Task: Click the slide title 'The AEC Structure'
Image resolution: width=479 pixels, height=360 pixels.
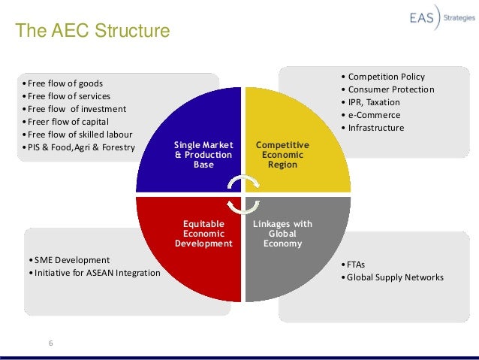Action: (93, 32)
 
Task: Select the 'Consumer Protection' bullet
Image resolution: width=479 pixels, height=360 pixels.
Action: (390, 89)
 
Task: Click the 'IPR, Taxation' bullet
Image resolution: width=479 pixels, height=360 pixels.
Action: (373, 102)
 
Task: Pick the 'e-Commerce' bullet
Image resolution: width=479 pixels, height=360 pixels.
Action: (373, 115)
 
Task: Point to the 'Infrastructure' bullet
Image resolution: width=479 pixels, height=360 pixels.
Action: (375, 128)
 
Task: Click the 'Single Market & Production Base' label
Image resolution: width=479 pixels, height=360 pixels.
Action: (203, 153)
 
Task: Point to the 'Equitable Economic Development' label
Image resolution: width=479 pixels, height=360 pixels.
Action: (203, 233)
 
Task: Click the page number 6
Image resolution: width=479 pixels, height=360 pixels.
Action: (51, 343)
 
